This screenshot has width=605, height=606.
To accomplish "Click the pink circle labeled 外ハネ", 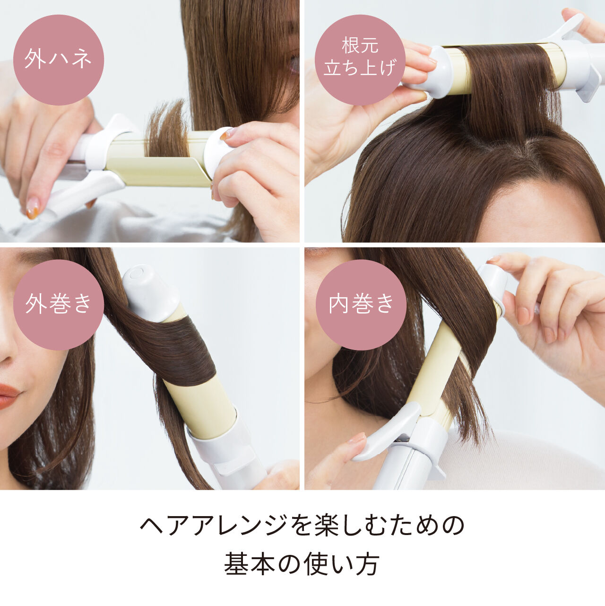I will (x=58, y=60).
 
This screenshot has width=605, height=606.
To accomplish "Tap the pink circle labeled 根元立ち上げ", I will (x=360, y=60).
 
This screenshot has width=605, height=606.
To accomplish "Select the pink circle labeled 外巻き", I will (x=58, y=304).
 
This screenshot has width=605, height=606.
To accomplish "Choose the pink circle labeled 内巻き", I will (x=361, y=304).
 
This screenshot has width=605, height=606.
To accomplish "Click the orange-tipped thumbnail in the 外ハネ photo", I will (x=33, y=208).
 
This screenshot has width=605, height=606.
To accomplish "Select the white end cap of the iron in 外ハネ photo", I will (x=218, y=150).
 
